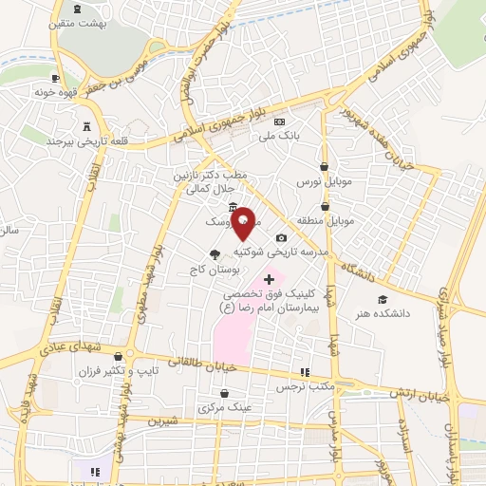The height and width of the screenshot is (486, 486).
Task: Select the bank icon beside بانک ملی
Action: coord(278,121)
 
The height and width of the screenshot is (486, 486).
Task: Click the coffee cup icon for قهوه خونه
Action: coord(56,78)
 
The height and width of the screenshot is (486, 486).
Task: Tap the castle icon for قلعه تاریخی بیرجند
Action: coord(88,125)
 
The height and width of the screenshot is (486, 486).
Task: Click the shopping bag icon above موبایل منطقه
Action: coord(327,206)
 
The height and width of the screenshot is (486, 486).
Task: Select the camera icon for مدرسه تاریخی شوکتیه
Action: coord(280,238)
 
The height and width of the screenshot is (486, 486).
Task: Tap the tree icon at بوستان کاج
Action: coord(215,253)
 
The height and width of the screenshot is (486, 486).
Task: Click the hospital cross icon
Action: coord(269,278)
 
